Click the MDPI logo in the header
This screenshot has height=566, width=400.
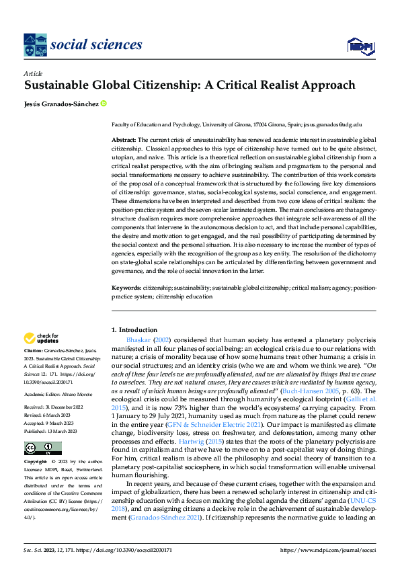(x=360, y=45)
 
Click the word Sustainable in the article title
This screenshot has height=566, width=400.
(x=55, y=85)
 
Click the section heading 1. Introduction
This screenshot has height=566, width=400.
(x=134, y=330)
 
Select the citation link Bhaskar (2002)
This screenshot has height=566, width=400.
(x=145, y=341)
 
